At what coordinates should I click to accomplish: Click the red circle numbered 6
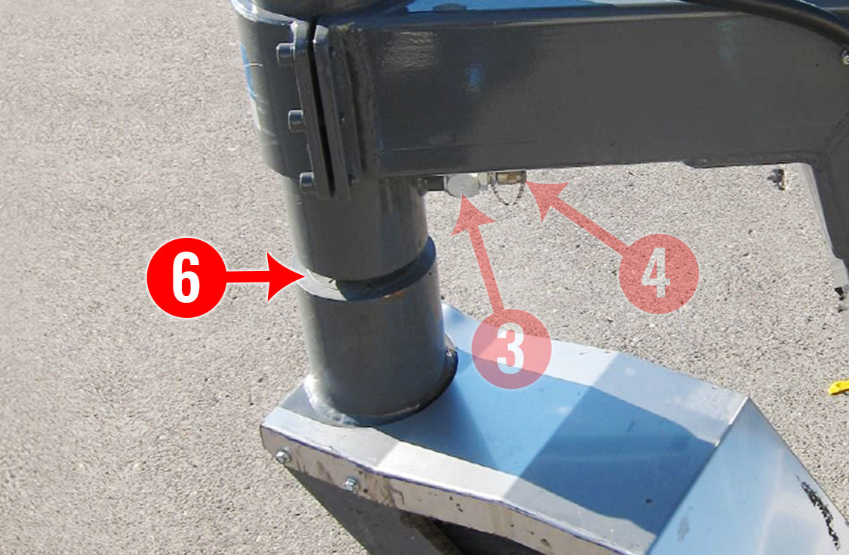coord(186,278)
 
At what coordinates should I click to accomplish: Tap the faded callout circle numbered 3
coord(511,349)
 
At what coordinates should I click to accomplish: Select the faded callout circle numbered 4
coord(658,273)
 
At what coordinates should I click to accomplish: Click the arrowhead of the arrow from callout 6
coord(285,276)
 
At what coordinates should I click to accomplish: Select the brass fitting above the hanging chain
coord(509,177)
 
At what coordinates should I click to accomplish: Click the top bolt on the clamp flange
coord(285,53)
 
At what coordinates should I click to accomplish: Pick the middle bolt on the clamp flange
coord(296,120)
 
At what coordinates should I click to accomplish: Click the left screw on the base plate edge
coord(283,457)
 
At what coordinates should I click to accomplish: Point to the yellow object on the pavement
coord(838,387)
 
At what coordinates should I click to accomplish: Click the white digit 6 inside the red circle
coord(186,278)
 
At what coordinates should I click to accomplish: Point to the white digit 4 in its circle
coord(656,274)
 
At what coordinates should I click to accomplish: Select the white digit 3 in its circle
coord(510,350)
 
